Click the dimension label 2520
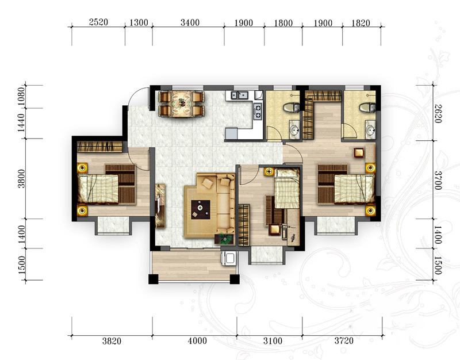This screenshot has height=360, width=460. click(98, 22)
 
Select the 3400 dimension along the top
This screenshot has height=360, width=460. click(190, 22)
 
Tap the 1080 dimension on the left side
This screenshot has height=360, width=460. click(21, 97)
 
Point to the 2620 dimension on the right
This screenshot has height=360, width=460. click(438, 113)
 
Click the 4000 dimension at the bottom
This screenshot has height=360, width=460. click(197, 340)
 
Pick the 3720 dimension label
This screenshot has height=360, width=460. click(344, 340)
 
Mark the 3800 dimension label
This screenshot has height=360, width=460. click(21, 179)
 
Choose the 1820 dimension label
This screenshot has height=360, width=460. click(361, 22)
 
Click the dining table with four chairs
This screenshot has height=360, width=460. click(181, 104)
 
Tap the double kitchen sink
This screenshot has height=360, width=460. click(239, 95)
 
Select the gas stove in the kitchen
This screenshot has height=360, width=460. click(258, 112)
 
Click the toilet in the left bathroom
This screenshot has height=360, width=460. click(292, 108)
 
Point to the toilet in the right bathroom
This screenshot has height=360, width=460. click(367, 108)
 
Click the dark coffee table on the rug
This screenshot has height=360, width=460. click(200, 209)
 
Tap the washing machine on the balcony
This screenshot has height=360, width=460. click(229, 258)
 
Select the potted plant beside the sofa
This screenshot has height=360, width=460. click(225, 239)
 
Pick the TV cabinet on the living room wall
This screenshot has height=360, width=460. click(160, 206)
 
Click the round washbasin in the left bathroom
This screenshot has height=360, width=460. click(294, 129)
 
